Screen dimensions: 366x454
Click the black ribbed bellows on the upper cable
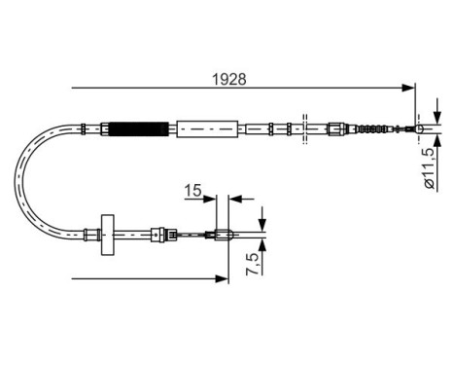139,128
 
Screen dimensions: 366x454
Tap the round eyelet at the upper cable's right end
420,128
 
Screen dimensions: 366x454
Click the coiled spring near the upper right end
371,128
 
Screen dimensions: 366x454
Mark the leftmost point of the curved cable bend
17,180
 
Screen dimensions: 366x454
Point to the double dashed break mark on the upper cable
304,128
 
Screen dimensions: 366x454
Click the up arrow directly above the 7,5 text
261,243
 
